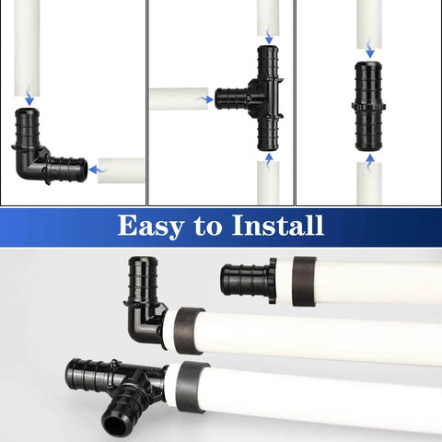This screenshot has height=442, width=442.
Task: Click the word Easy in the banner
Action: [152, 226]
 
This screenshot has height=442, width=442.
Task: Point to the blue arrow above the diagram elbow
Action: [30, 99]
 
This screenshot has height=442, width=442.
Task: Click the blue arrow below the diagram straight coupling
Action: [369, 158]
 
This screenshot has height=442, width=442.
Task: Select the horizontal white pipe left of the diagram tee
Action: [181, 99]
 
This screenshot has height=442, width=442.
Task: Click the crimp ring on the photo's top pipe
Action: [304, 281]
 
